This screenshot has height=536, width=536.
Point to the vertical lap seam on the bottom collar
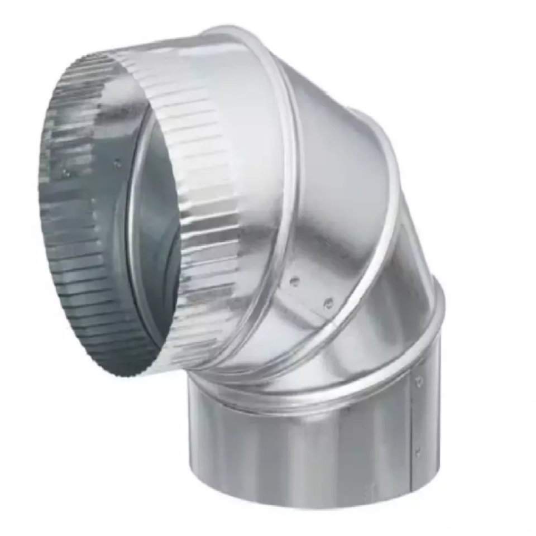(411, 424)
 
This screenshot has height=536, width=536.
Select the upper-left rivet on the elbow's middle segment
(294, 281)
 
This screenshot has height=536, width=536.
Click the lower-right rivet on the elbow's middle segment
(328, 303)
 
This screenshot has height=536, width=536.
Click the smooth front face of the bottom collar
(301, 447)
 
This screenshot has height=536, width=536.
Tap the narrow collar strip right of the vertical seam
(427, 419)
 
